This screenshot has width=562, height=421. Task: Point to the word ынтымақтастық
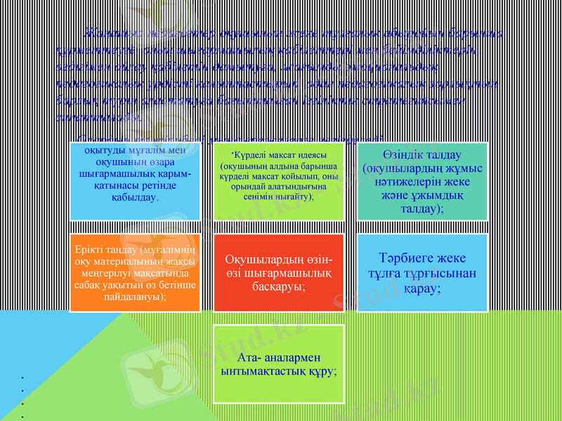point(266,370)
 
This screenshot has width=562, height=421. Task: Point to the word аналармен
point(292,356)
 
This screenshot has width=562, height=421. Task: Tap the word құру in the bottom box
point(323,370)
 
